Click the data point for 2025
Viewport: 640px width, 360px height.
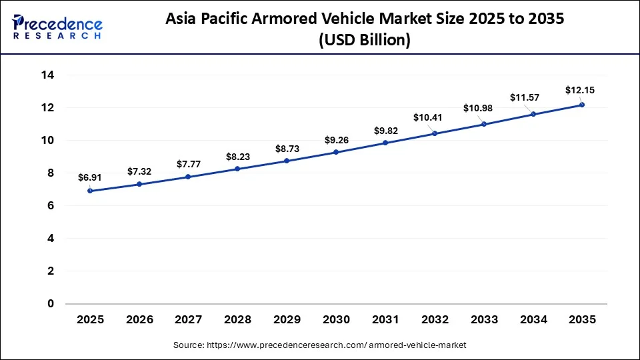pos(90,191)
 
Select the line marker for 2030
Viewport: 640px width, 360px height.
pos(336,152)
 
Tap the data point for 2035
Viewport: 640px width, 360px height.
pos(582,105)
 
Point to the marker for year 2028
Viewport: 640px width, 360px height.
pos(238,169)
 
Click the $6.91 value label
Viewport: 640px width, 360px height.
pos(90,178)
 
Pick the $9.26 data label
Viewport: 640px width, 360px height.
pos(336,140)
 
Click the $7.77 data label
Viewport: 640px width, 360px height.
pos(189,164)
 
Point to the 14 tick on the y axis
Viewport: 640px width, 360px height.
pos(47,75)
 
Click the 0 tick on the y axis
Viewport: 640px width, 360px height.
pos(51,304)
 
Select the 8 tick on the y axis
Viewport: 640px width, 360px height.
pos(51,173)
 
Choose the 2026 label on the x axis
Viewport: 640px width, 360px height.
pos(139,320)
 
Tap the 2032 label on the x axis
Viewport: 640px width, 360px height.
pos(435,320)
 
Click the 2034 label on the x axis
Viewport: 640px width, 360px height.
pos(533,320)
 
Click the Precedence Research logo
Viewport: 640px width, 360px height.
pos(57,26)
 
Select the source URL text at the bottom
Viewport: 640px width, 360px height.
pos(320,345)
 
